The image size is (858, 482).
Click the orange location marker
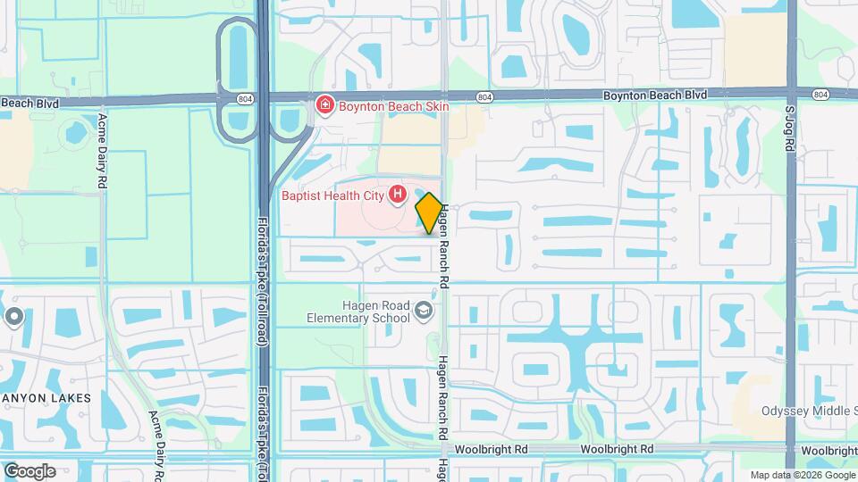click(x=429, y=213)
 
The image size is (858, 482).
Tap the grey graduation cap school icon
click(x=424, y=311)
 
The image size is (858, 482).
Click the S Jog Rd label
click(x=789, y=130)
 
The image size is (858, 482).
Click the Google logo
click(x=29, y=470)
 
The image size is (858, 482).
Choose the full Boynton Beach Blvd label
click(x=654, y=95)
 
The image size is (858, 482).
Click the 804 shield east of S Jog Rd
click(x=820, y=94)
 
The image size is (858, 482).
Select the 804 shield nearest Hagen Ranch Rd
click(x=484, y=96)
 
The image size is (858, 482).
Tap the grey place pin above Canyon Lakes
click(x=14, y=317)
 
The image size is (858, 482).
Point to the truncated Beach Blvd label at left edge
click(x=29, y=104)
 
